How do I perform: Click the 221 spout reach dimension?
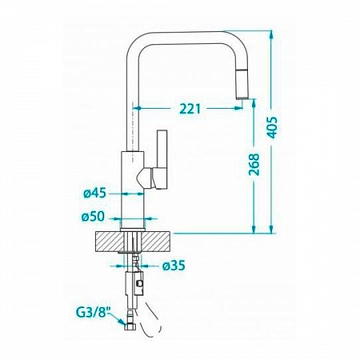click(x=190, y=109)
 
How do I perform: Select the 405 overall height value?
click(x=272, y=127)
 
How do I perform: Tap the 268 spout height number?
click(x=254, y=164)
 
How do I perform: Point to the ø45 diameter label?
click(x=94, y=193)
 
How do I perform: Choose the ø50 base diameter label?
click(x=93, y=217)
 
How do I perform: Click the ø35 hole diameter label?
click(x=174, y=266)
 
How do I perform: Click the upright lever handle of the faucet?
click(x=162, y=159)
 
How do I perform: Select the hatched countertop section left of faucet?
click(x=110, y=242)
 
